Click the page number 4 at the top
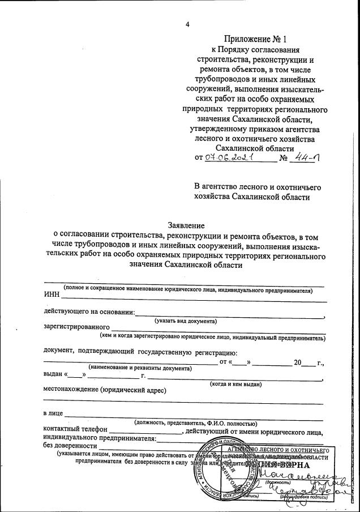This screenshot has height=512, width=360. tap(187, 24)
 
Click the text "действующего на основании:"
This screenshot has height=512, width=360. tap(89, 312)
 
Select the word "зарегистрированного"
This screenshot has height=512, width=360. tap(76, 327)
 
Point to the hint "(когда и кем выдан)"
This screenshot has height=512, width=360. tap(236, 384)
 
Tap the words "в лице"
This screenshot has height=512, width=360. tap(53, 413)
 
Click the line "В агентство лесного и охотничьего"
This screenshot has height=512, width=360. tap(258, 186)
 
